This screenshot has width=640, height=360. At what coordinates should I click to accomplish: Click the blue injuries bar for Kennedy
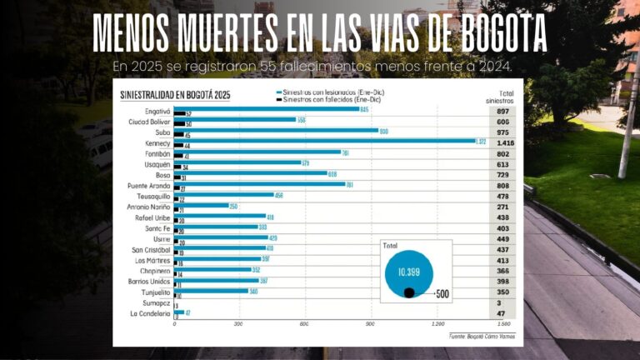point(325,141)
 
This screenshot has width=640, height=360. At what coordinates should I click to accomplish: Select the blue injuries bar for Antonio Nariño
point(201,206)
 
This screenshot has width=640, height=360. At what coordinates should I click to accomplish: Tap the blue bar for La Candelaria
point(178,312)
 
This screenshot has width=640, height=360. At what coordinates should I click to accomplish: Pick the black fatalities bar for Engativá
point(179,113)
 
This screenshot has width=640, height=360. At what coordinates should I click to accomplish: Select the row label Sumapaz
point(157,303)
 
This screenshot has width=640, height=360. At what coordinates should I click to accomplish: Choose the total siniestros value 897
point(503,111)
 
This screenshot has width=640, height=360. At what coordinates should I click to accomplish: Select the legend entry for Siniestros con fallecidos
point(325,98)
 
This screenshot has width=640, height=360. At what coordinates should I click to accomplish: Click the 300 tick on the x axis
point(239,323)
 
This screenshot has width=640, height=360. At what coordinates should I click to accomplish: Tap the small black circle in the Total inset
point(409,292)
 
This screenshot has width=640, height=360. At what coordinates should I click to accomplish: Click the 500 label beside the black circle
point(442,293)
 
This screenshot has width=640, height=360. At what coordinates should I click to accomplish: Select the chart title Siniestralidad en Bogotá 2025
point(175,95)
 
